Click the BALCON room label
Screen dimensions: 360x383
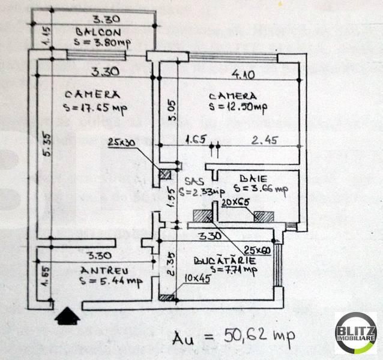pos(98,32)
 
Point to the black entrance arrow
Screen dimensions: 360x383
pos(67,314)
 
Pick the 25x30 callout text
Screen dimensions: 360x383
pos(122,142)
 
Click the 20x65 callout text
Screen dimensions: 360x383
pos(235,203)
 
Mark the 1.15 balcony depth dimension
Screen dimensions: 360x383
pos(48,38)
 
